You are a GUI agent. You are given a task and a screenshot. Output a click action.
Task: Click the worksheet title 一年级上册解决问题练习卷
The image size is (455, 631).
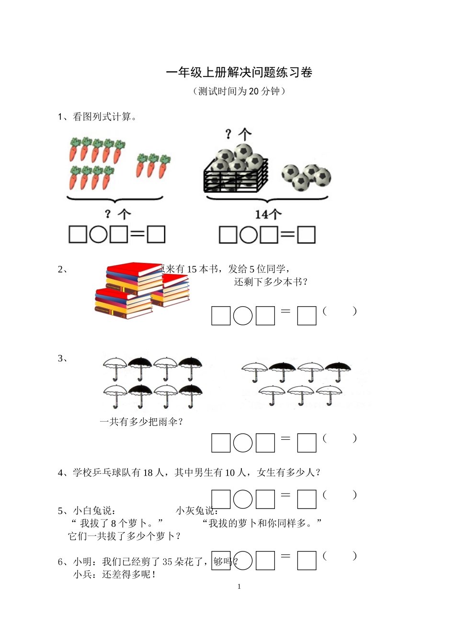click(239, 72)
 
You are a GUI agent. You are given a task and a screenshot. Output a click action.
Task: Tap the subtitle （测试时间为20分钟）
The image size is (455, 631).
click(239, 91)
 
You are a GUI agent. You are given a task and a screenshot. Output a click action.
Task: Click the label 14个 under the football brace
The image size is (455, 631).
click(268, 214)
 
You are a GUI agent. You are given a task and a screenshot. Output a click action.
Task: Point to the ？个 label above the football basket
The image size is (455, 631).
click(238, 134)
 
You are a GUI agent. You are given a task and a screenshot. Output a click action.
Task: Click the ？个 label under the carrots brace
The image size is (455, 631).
click(117, 214)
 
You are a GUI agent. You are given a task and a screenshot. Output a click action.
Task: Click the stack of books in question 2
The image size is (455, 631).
click(141, 290)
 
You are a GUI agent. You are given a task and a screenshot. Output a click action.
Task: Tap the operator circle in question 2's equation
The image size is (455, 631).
click(243, 316)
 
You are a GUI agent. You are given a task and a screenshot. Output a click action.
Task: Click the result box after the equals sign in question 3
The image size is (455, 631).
click(307, 443)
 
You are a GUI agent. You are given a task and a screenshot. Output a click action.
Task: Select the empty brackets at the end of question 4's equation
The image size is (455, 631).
click(340, 495)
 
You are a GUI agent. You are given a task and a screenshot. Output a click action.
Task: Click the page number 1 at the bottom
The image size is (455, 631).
click(239, 586)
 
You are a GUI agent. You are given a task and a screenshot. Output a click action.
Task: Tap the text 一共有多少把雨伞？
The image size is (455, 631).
click(141, 422)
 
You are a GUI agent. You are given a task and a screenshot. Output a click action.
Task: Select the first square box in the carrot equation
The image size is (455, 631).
click(78, 234)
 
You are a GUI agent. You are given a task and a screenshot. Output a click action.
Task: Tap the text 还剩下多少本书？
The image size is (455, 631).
click(271, 282)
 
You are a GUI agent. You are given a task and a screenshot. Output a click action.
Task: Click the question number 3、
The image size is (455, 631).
click(63, 358)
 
